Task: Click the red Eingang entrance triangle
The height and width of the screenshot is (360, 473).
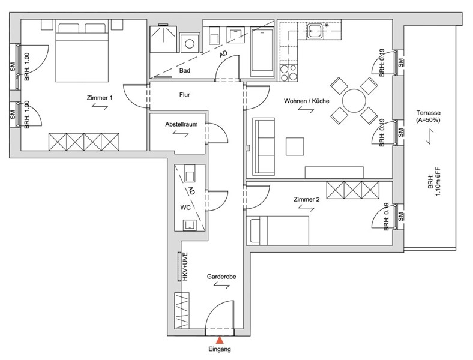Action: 220,340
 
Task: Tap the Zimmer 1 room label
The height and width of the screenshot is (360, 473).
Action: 100,98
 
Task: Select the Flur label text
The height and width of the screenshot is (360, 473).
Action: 185,95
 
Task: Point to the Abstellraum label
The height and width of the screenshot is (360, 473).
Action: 181,124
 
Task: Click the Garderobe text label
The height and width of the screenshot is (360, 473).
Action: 221,277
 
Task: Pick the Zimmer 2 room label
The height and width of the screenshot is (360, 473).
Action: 307,199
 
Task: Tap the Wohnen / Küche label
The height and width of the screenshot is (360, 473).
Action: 307,101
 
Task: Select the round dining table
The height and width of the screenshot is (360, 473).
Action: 354,101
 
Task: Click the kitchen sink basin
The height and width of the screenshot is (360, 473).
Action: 316,31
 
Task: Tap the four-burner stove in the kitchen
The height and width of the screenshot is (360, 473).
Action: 289,73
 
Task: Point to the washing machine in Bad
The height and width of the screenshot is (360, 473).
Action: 190,43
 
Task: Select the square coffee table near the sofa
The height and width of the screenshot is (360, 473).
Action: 294,146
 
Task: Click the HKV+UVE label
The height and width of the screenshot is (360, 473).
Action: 185,267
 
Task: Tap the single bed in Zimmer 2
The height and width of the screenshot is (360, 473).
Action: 279,230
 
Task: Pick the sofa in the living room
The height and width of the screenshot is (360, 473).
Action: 264,146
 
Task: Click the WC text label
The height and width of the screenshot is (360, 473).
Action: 185,208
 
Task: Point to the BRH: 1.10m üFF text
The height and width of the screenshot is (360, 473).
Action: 435,182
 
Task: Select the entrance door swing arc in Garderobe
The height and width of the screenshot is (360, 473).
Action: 219,314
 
